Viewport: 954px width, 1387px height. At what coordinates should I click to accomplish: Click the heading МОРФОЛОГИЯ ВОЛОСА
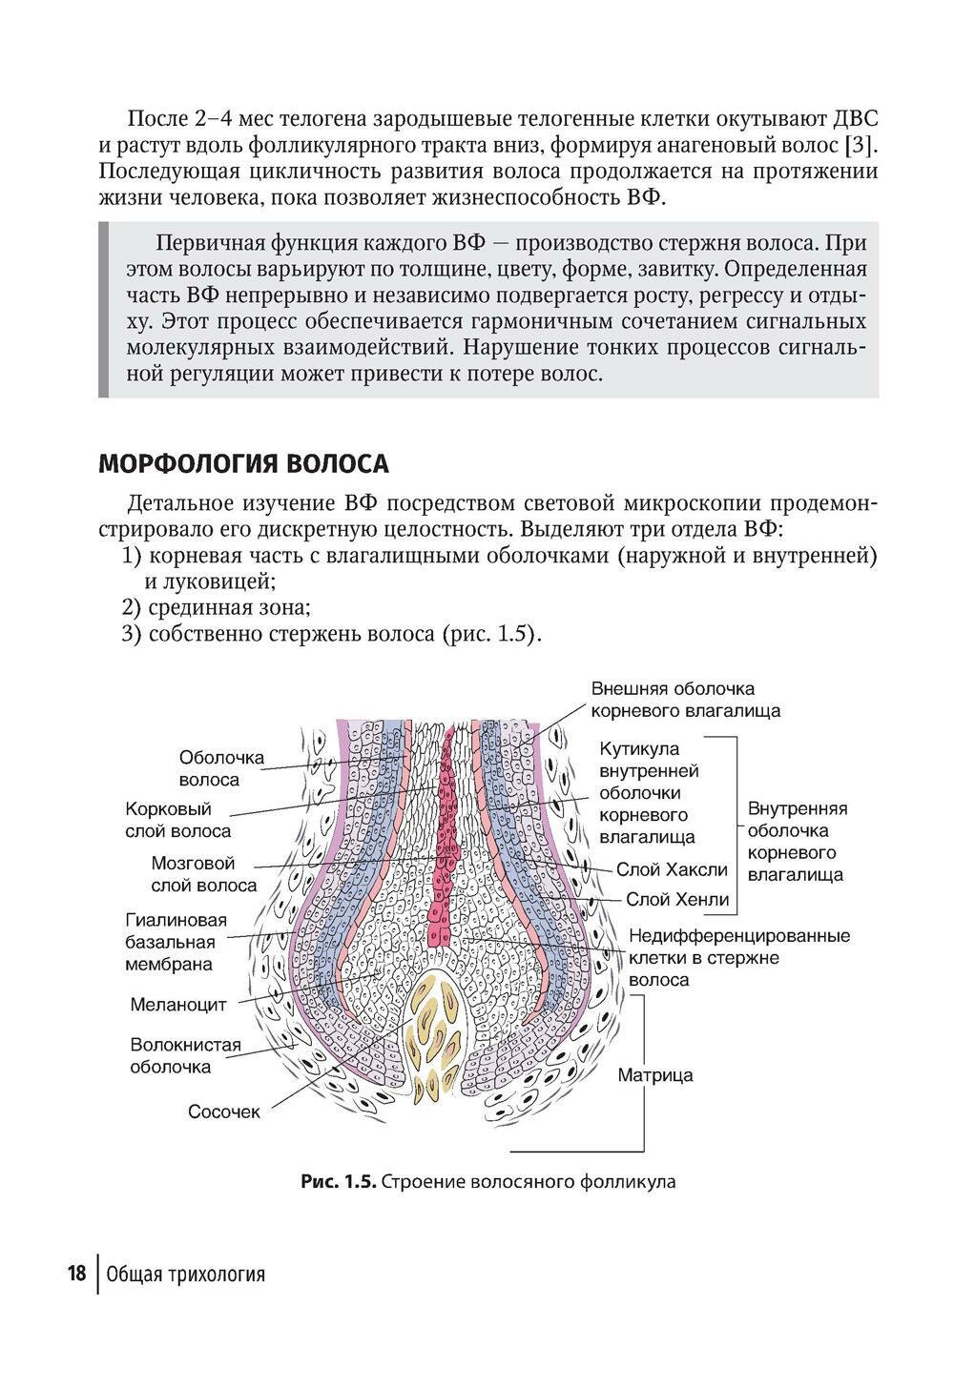(243, 464)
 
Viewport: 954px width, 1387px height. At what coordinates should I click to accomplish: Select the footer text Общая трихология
(186, 1275)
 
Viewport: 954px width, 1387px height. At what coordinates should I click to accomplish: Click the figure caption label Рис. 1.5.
(339, 1182)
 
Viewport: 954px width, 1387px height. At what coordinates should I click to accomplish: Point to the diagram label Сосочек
(223, 1112)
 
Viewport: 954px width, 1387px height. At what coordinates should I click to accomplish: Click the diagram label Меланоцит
(177, 1004)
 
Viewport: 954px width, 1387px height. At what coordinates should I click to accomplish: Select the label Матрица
(655, 1075)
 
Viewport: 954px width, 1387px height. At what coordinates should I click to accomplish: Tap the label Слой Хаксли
(672, 869)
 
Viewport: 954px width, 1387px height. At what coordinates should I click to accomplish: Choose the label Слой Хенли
(676, 899)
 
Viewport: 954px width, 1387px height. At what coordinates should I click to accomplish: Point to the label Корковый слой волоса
(178, 820)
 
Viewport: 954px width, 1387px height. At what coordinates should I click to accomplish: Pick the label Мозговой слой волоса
(203, 874)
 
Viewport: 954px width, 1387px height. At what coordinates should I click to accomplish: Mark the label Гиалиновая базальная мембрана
(176, 942)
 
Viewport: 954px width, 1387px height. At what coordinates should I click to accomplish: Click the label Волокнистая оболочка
(185, 1055)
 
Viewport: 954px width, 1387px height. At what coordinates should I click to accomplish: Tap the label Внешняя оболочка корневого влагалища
(685, 699)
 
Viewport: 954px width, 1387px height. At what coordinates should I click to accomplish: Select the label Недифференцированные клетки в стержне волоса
(738, 957)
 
